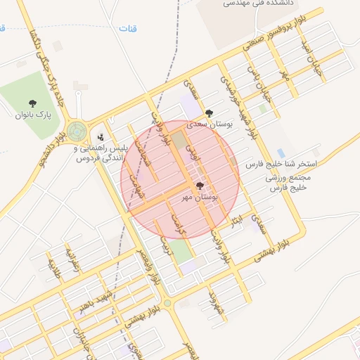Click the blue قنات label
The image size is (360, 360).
127,29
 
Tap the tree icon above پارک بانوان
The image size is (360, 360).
32,103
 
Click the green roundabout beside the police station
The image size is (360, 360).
77,131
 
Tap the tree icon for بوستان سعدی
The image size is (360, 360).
208,112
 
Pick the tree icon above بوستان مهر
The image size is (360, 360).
200,186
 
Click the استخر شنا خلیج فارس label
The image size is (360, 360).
281,163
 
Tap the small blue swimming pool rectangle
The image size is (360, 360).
281,153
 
